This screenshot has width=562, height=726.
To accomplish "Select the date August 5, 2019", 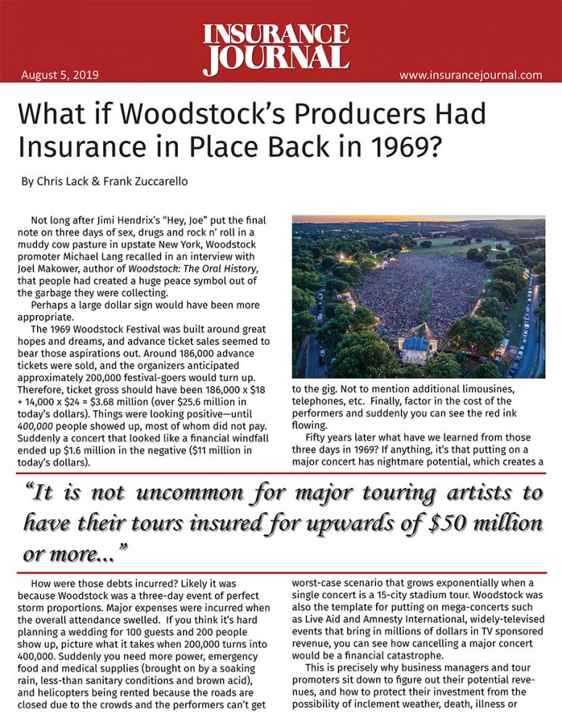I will (x=60, y=75).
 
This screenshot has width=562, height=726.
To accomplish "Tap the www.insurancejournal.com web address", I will (x=471, y=75).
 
